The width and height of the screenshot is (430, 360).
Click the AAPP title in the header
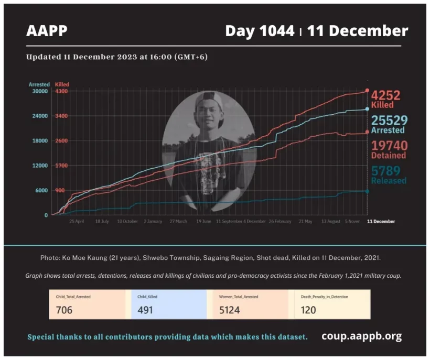click(x=47, y=31)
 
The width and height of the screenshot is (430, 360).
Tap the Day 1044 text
click(x=260, y=31)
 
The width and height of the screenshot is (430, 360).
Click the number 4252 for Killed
click(x=385, y=95)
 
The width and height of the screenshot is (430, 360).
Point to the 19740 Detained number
click(x=389, y=146)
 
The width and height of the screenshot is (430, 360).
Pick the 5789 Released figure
click(x=385, y=171)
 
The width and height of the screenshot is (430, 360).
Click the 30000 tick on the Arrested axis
click(x=40, y=91)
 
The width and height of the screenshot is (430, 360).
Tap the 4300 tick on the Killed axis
click(x=61, y=91)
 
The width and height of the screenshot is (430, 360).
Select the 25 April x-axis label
click(x=77, y=222)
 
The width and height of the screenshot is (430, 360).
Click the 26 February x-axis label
click(x=280, y=222)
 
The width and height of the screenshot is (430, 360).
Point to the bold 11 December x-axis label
click(x=380, y=222)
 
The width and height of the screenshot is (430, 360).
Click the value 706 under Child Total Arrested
click(x=64, y=310)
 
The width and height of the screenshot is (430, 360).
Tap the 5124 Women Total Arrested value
click(x=229, y=310)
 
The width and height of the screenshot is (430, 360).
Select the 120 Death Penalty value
click(x=308, y=310)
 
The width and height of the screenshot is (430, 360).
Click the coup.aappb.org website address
click(x=362, y=336)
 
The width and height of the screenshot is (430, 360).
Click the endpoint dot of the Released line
click(x=367, y=191)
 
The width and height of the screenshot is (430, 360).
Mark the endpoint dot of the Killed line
click(x=367, y=91)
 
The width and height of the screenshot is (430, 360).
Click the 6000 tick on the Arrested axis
click(x=41, y=191)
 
